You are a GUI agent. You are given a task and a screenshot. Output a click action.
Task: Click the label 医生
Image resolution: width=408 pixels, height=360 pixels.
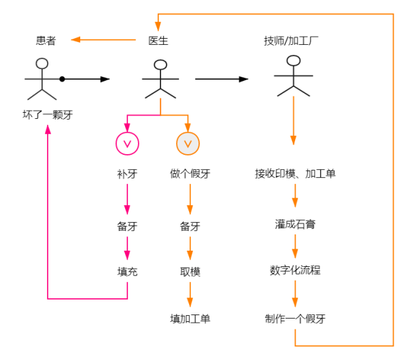[x=158, y=41]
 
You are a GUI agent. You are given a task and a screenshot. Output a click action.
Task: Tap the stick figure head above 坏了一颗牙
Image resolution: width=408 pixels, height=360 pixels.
[x=43, y=64]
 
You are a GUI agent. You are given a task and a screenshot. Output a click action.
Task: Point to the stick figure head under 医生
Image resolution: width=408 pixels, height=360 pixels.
[x=160, y=66]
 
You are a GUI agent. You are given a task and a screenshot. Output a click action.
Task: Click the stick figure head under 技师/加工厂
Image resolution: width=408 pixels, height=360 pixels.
[x=293, y=60]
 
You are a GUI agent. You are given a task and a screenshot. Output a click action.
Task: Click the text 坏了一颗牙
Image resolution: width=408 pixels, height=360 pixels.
[x=47, y=115]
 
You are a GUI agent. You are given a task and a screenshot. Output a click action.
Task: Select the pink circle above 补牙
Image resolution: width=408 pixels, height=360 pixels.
[x=127, y=143]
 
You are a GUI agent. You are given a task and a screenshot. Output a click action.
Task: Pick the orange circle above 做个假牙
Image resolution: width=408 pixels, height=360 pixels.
[x=188, y=143]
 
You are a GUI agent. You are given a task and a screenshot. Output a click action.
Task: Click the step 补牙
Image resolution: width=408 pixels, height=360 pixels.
[x=127, y=174]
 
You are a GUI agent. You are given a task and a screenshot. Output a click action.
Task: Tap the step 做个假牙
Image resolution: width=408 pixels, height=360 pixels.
[x=190, y=174]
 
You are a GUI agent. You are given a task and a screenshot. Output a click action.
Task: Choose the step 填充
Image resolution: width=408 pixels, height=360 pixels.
[x=127, y=272]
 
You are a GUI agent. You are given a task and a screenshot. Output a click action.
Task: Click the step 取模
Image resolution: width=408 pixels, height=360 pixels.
[x=190, y=272]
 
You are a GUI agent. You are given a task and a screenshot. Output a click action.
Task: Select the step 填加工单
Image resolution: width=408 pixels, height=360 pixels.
[x=190, y=319]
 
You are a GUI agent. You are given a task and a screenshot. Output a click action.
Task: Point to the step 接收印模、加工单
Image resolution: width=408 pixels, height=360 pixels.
[x=295, y=174]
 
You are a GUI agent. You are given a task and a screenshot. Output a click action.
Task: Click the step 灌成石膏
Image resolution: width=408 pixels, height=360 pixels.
[x=295, y=223]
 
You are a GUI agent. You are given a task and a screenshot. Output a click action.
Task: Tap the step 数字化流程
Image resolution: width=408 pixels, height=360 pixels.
[x=295, y=270]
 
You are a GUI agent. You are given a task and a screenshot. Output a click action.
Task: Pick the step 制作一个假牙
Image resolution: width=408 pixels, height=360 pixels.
[x=295, y=319]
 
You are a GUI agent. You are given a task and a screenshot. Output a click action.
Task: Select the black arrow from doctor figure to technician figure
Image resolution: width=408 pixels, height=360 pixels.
[x=222, y=79]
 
